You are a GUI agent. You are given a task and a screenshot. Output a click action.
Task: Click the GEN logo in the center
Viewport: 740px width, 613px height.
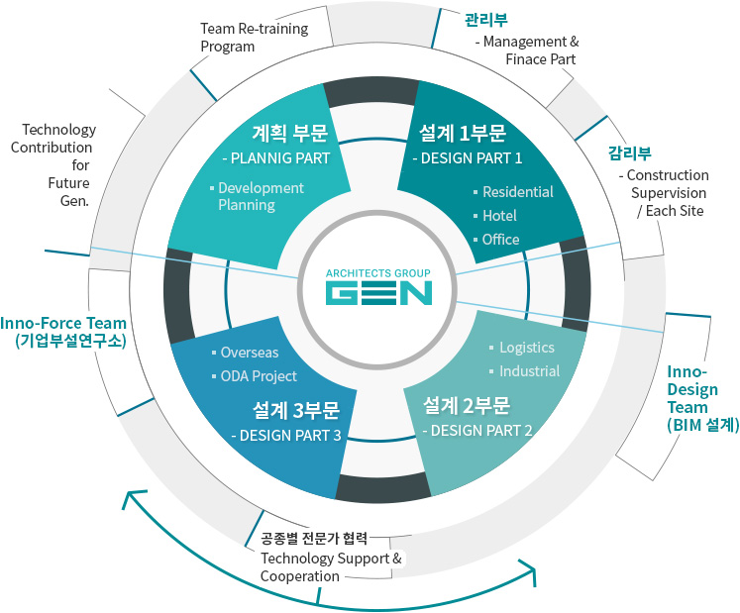[379, 294]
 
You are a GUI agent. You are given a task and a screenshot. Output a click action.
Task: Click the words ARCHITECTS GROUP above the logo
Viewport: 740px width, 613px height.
[379, 270]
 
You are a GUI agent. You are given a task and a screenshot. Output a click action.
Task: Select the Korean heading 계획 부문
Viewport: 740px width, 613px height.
[289, 133]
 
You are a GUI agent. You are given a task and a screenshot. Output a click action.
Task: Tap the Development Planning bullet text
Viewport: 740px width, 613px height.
[261, 196]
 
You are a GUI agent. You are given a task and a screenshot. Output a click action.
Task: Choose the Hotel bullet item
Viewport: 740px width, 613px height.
[499, 216]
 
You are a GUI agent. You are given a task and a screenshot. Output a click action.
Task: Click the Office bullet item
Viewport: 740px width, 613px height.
[500, 240]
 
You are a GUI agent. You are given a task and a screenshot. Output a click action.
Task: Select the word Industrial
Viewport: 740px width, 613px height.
[529, 371]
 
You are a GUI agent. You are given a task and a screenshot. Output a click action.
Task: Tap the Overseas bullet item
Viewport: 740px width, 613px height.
[249, 353]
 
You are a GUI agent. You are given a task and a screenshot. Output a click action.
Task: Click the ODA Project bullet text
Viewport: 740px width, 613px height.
[258, 376]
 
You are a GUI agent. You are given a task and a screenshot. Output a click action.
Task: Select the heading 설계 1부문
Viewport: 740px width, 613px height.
[463, 133]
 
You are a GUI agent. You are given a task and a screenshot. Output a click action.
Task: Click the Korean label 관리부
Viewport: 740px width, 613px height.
[486, 19]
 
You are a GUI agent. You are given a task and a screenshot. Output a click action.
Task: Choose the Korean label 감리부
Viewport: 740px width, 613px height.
[629, 153]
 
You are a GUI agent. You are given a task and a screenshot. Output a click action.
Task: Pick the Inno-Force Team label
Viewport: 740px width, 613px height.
[63, 323]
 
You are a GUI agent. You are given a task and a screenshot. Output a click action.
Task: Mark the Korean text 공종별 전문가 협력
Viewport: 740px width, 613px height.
[314, 539]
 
